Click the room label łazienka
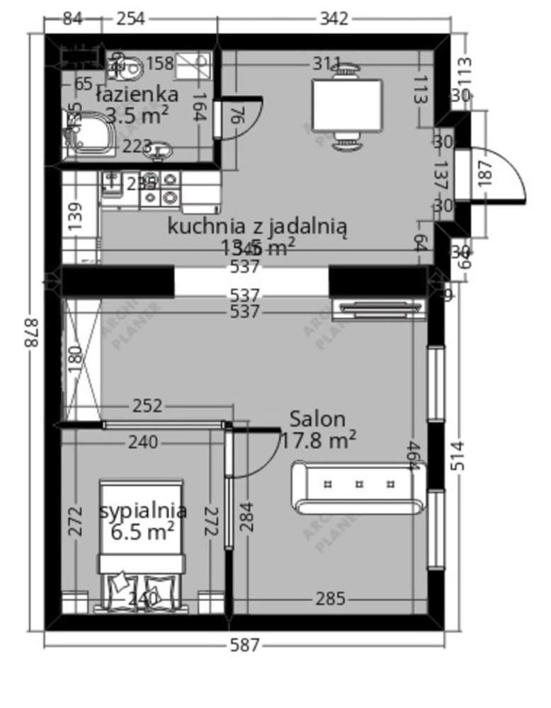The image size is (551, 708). pyautogui.click(x=137, y=94)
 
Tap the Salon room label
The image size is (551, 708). pyautogui.click(x=317, y=418)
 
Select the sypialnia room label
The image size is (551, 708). pyautogui.click(x=144, y=510)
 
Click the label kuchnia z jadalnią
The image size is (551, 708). pyautogui.click(x=258, y=227)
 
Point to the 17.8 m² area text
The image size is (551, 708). pyautogui.click(x=318, y=440)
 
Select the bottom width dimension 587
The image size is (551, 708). pyautogui.click(x=245, y=645)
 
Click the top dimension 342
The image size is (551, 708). pyautogui.click(x=334, y=18)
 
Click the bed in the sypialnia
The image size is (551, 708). pyautogui.click(x=142, y=545)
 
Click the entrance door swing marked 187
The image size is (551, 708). pyautogui.click(x=496, y=173)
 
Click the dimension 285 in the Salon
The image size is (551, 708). pyautogui.click(x=330, y=600)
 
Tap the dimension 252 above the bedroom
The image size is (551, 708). pyautogui.click(x=147, y=406)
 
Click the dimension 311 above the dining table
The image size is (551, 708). pyautogui.click(x=327, y=64)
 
